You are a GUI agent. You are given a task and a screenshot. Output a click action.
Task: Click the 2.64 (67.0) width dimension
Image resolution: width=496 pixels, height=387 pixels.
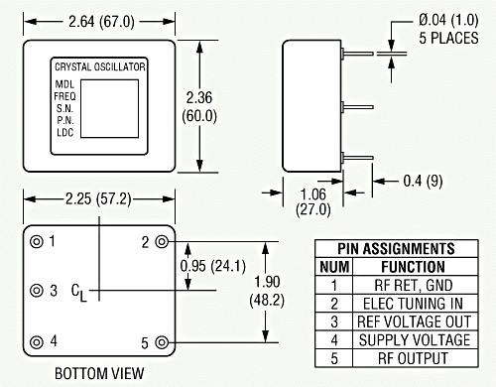click(101, 22)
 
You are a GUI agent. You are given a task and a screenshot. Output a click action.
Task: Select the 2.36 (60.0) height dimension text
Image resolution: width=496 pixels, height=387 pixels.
click(199, 107)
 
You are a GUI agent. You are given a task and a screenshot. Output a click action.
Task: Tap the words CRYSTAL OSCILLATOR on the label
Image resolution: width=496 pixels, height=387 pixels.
click(100, 66)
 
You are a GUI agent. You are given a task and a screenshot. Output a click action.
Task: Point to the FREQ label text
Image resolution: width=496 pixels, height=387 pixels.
click(64, 96)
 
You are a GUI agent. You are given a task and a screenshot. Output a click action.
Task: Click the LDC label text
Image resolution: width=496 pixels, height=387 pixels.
click(64, 132)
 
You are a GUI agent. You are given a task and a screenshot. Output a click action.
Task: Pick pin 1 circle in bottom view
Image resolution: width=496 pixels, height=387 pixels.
click(37, 242)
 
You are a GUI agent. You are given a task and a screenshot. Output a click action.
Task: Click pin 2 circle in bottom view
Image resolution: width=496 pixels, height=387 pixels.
click(162, 242)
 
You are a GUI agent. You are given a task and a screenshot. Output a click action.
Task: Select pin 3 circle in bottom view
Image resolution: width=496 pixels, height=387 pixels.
click(37, 291)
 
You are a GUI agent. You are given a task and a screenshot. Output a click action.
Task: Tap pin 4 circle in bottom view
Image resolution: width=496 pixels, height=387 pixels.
click(37, 342)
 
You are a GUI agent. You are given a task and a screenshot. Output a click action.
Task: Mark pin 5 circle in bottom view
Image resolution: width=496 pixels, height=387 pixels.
click(162, 342)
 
